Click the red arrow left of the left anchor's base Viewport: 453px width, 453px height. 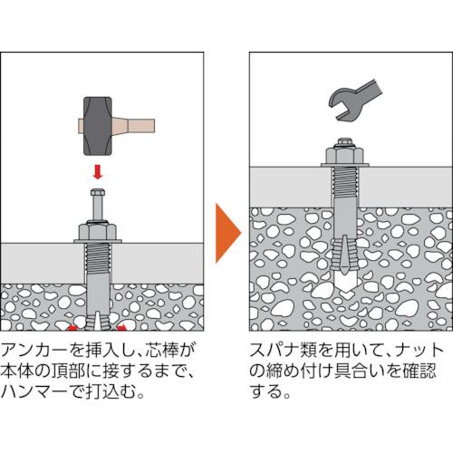coord(71,324)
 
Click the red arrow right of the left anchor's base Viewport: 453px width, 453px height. coord(121,324)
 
